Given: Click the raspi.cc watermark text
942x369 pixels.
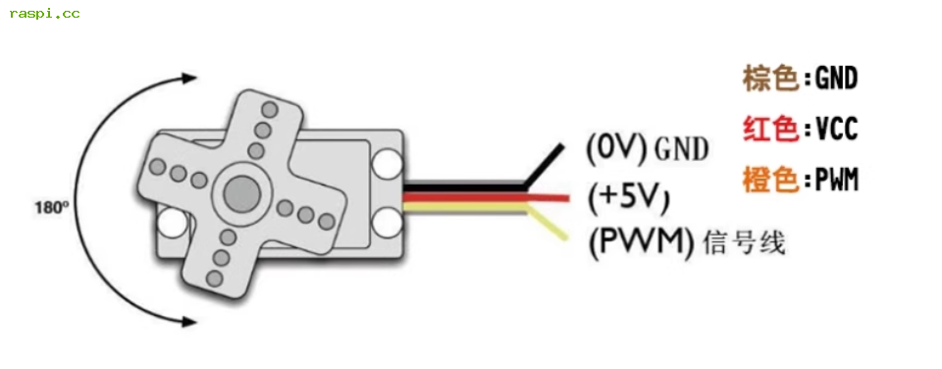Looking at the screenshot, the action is (x=44, y=13).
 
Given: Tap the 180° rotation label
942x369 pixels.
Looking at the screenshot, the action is (x=52, y=208).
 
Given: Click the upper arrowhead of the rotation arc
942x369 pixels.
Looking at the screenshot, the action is (x=189, y=78).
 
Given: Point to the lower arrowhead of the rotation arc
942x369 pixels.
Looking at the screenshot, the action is (x=189, y=322).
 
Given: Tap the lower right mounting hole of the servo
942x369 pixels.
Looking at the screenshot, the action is (x=387, y=222).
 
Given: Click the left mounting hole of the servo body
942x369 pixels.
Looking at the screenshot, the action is (x=173, y=223).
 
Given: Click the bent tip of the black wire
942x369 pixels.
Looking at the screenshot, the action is (x=561, y=146).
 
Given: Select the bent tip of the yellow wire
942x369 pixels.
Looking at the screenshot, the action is (x=565, y=237).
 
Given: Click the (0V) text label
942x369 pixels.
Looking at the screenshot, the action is (x=616, y=149).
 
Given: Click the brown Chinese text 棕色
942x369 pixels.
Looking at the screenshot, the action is (x=771, y=79).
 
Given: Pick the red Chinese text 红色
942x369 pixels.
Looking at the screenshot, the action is (x=771, y=130).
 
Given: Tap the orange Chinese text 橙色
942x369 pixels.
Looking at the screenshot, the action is (x=771, y=180).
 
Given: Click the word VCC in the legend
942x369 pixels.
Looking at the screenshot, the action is (x=836, y=130).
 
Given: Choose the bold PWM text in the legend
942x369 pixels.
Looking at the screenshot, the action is (x=836, y=180).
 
